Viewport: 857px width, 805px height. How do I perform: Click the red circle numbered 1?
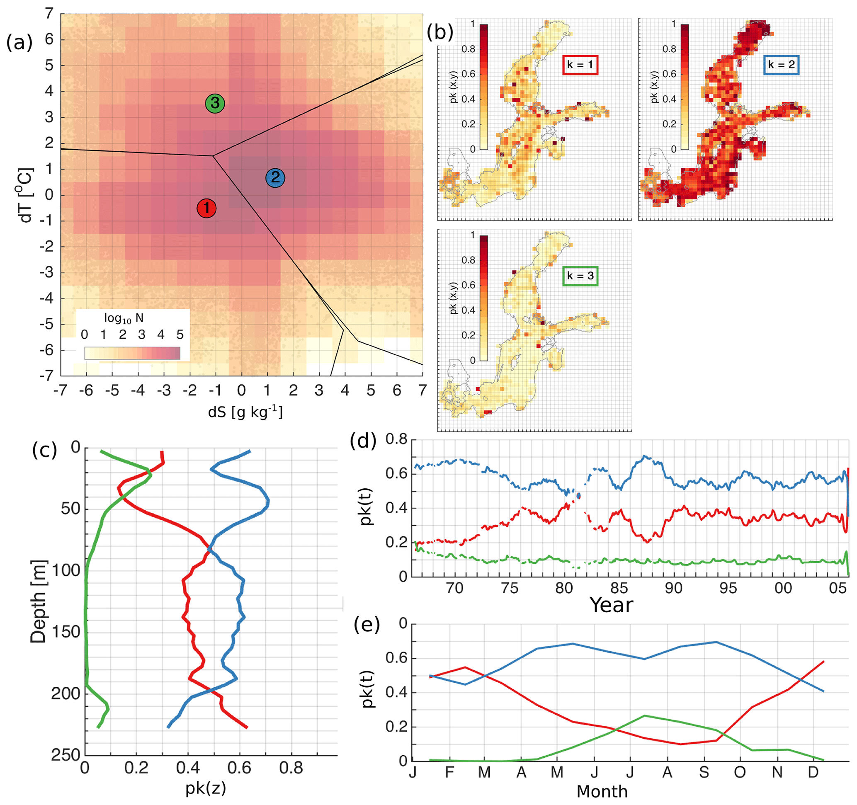pyautogui.click(x=206, y=208)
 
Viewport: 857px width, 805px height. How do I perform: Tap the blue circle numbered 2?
pyautogui.click(x=275, y=177)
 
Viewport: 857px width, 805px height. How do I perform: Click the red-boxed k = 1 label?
pyautogui.click(x=580, y=65)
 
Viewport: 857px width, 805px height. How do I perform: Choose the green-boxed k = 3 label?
pyautogui.click(x=580, y=276)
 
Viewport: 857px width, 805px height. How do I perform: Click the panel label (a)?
pyautogui.click(x=19, y=43)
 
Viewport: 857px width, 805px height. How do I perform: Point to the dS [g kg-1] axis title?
pyautogui.click(x=245, y=412)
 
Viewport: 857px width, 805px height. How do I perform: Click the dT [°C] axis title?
pyautogui.click(x=26, y=195)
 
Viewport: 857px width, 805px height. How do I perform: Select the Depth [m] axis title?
pyautogui.click(x=38, y=601)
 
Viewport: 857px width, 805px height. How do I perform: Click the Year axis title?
pyautogui.click(x=611, y=605)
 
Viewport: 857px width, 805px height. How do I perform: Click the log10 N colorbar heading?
pyautogui.click(x=124, y=318)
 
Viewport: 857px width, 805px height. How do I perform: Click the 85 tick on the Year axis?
pyautogui.click(x=619, y=588)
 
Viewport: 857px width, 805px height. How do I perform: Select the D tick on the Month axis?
pyautogui.click(x=813, y=772)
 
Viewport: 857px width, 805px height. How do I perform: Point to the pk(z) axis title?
pyautogui.click(x=206, y=788)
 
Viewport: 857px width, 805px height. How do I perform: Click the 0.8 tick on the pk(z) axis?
pyautogui.click(x=291, y=769)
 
